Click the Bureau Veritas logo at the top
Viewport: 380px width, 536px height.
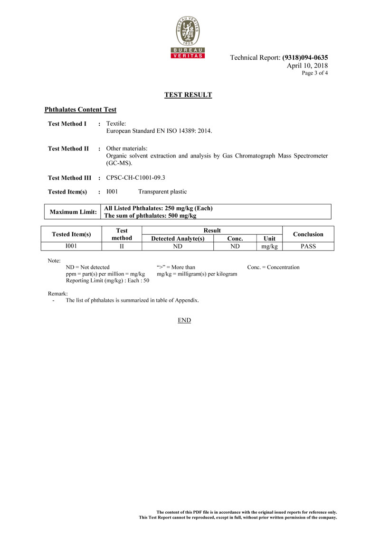(x=188, y=37)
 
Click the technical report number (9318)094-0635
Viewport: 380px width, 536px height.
(x=305, y=58)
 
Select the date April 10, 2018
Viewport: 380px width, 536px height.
(x=307, y=65)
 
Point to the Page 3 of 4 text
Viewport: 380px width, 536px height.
(x=314, y=73)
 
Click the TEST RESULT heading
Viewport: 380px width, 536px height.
(x=188, y=95)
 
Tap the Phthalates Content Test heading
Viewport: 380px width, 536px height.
(x=80, y=110)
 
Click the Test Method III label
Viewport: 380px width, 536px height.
(x=69, y=178)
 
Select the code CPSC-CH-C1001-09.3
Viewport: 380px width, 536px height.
(x=135, y=178)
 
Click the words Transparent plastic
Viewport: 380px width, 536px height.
(x=162, y=192)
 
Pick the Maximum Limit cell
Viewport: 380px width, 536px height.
(x=74, y=212)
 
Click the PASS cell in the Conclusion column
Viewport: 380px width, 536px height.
(x=308, y=246)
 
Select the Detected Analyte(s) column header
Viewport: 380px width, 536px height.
(x=178, y=239)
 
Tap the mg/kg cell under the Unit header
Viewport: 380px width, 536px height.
(x=269, y=246)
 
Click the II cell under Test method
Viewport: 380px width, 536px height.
(x=122, y=246)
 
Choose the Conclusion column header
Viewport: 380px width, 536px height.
(x=308, y=234)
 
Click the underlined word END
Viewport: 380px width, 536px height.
(x=184, y=320)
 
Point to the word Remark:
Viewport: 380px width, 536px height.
(x=58, y=294)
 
